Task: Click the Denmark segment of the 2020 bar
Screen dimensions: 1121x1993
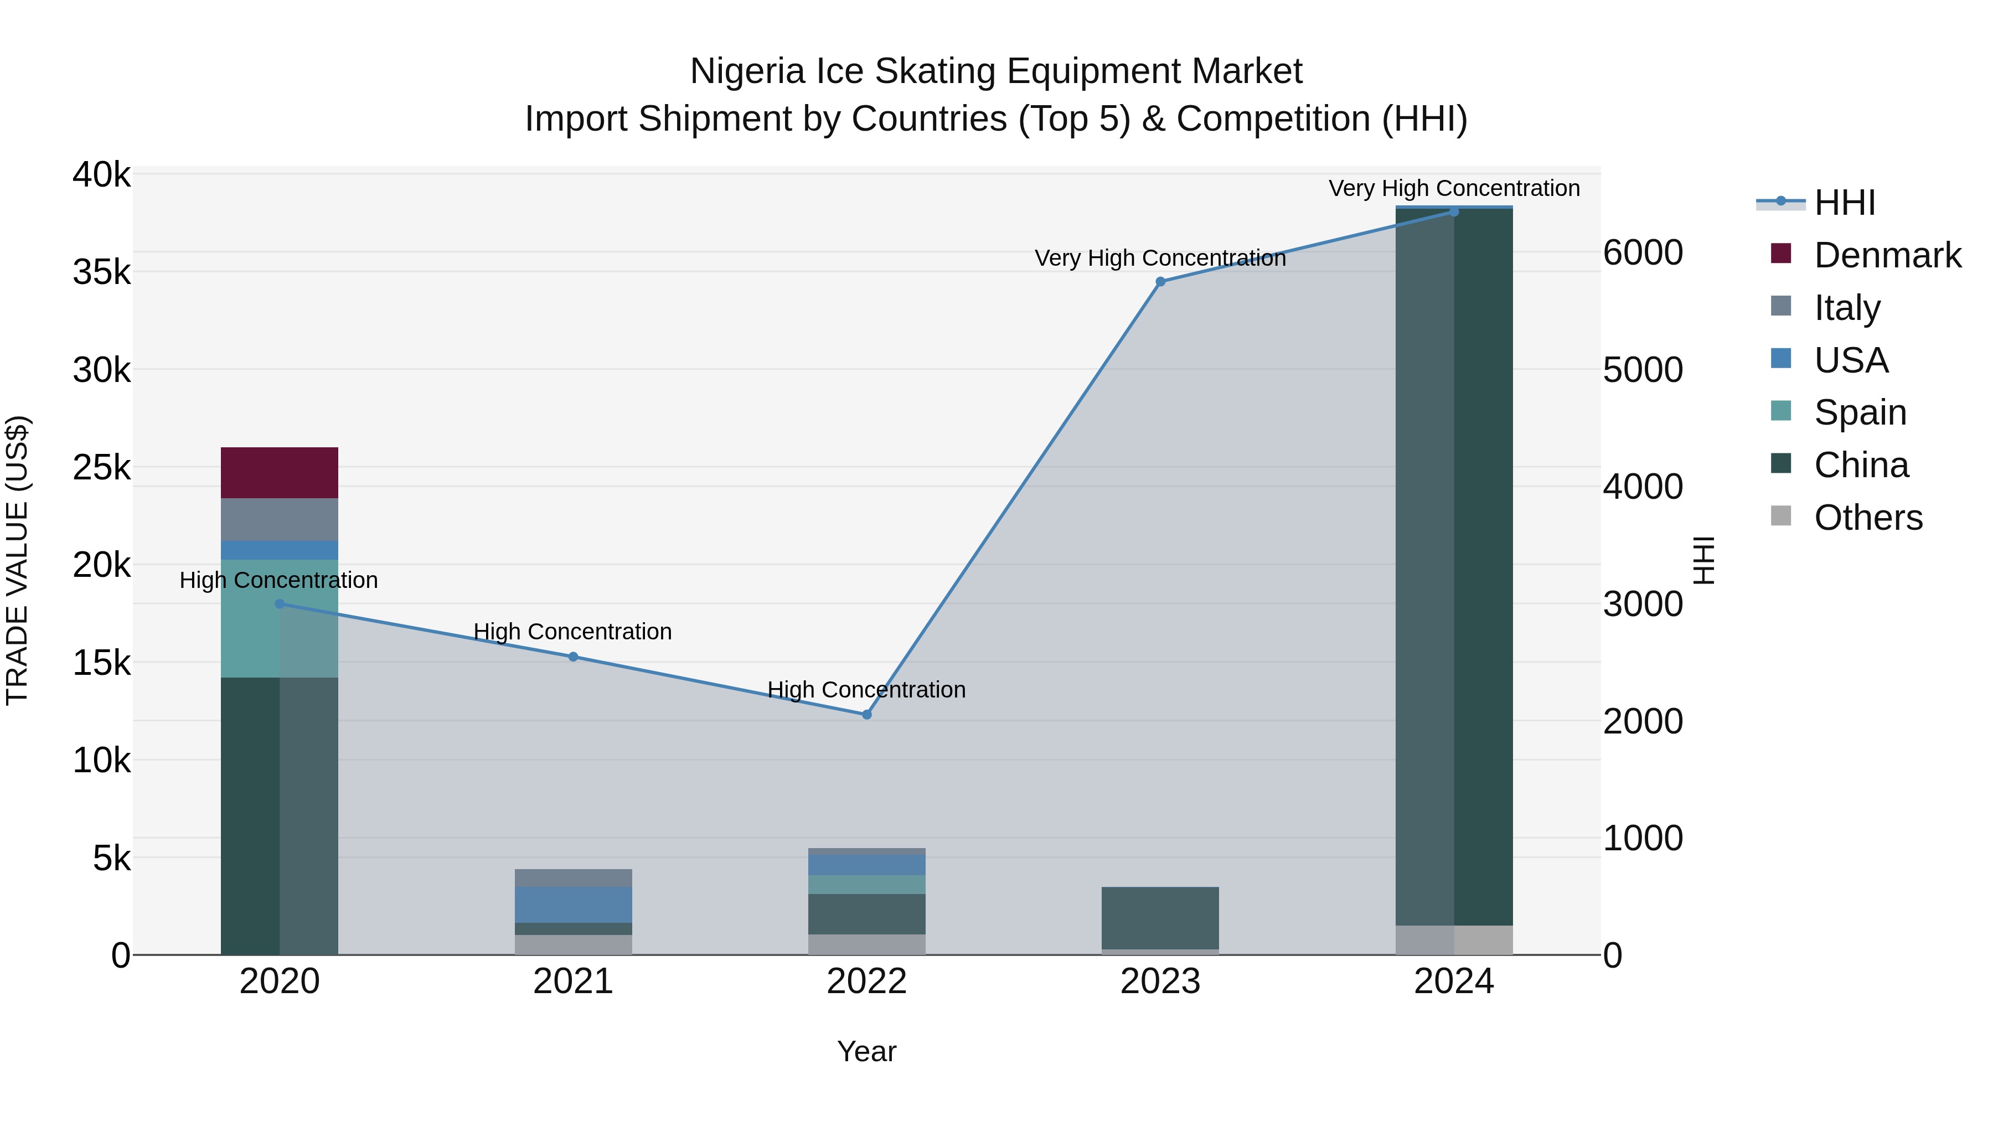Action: (x=280, y=473)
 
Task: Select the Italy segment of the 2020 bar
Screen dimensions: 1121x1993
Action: (x=280, y=519)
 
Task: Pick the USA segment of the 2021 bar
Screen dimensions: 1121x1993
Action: (x=574, y=905)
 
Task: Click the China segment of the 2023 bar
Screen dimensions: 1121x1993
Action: (x=1160, y=917)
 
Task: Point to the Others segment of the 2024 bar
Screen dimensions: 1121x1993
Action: (x=1454, y=940)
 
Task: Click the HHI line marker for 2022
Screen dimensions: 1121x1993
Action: (x=866, y=715)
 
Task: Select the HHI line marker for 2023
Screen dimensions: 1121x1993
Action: (x=1160, y=282)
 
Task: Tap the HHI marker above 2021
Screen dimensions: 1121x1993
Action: (x=574, y=657)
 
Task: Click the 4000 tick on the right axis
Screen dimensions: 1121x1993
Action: (x=1643, y=487)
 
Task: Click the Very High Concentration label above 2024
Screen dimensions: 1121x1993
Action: (x=1454, y=189)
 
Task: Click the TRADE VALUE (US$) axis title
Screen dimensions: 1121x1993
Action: (x=18, y=560)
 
